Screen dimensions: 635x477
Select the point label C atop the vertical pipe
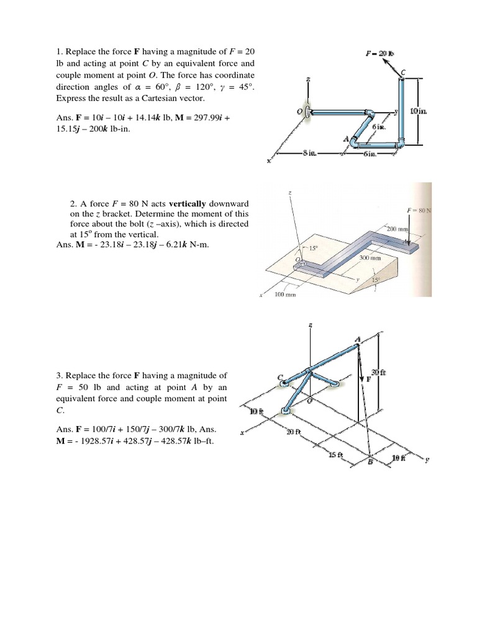pos(403,73)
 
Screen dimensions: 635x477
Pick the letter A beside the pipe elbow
pos(345,140)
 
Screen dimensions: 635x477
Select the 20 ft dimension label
pos(293,432)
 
